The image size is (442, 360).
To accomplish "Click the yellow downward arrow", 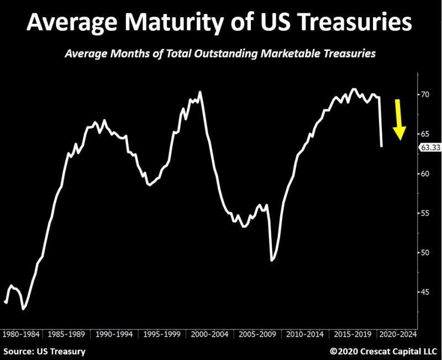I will tap(399, 120).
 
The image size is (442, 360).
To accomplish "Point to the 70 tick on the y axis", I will tap(425, 95).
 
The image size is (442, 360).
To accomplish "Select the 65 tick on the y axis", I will tap(425, 134).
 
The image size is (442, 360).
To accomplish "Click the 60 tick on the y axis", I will tap(425, 174).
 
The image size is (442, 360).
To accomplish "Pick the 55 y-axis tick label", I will tap(425, 213).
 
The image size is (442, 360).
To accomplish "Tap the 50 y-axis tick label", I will tap(425, 253).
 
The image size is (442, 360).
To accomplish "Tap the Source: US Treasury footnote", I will tap(45, 351).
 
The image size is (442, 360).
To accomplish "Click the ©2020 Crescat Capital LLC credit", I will tap(383, 351).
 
